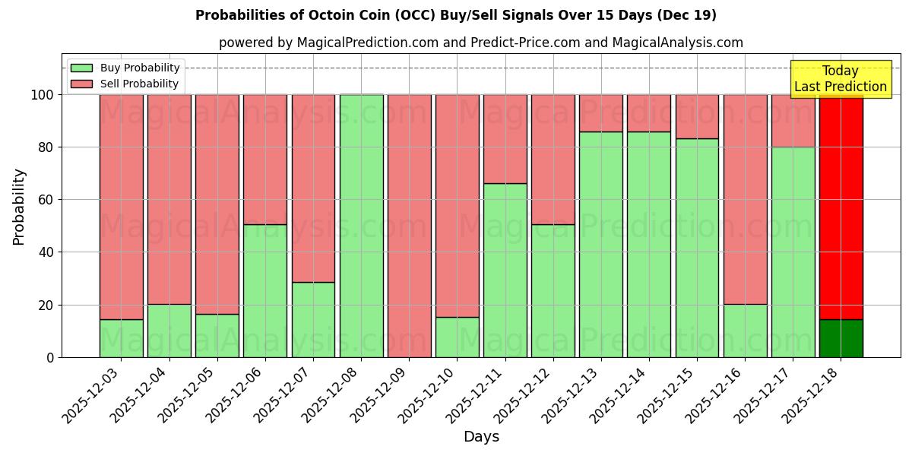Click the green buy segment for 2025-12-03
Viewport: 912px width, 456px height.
click(121, 338)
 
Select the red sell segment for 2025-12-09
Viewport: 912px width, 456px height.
click(409, 226)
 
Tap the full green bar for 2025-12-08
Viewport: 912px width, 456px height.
click(361, 226)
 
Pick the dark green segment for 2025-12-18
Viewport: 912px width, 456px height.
click(841, 338)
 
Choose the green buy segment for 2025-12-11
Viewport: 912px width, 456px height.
click(505, 270)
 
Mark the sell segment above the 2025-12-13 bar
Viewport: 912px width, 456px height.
click(601, 113)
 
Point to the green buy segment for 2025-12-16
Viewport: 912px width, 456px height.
click(745, 331)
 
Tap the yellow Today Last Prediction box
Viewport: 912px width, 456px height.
click(841, 79)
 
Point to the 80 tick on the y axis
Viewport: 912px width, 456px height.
click(47, 147)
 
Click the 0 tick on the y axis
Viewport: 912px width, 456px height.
click(50, 357)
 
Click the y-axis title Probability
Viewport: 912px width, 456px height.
click(19, 206)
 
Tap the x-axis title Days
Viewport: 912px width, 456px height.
click(481, 437)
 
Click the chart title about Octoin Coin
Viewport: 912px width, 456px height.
click(456, 15)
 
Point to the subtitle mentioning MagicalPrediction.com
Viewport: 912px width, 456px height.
click(480, 43)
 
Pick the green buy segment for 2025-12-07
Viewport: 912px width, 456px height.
click(313, 319)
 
